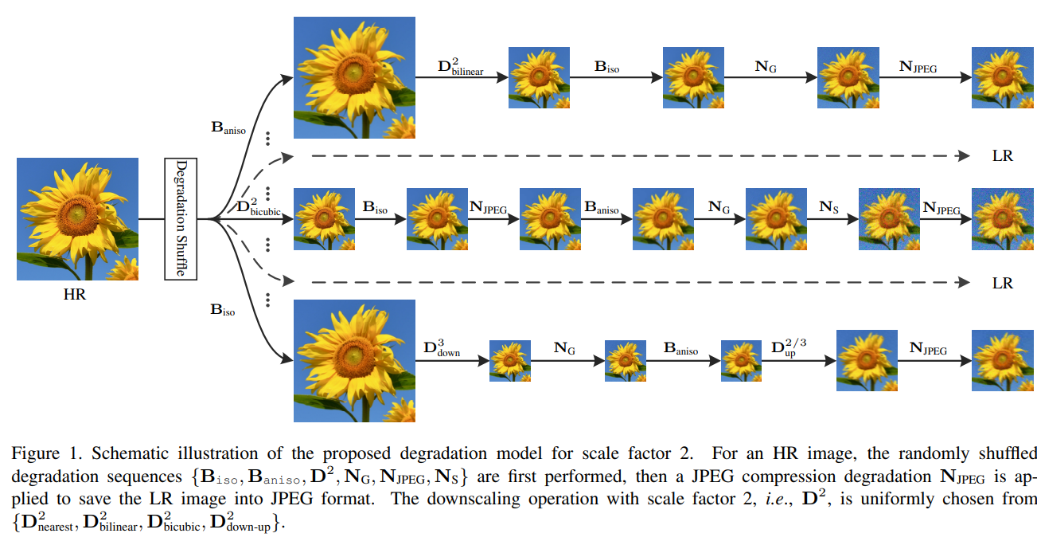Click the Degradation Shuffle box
click(x=181, y=218)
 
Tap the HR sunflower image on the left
click(x=77, y=218)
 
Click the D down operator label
click(x=442, y=349)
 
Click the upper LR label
click(x=1002, y=156)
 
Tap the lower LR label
click(x=1002, y=283)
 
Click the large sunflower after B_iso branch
click(x=355, y=360)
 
